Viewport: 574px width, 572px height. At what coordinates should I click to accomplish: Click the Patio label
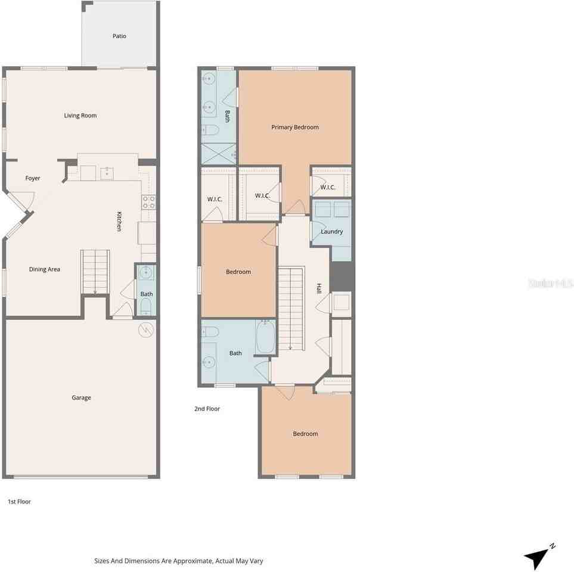pos(119,36)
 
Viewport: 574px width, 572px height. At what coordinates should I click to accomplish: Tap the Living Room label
pos(80,116)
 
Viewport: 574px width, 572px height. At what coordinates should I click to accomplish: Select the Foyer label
pos(33,178)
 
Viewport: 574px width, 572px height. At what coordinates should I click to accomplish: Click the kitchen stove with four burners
pos(148,201)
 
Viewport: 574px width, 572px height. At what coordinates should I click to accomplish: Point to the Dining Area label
pos(45,269)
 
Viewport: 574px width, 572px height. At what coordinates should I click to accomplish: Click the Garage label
pos(82,397)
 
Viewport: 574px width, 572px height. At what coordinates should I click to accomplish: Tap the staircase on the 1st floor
pos(95,272)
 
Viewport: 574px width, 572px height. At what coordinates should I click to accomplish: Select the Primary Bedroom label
pos(295,127)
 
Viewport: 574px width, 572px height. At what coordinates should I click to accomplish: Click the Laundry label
pos(332,231)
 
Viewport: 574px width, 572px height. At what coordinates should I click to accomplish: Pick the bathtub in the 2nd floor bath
pos(265,337)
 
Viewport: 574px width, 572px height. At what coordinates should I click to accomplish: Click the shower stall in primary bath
pos(218,153)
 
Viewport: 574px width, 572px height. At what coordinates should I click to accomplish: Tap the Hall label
pos(319,288)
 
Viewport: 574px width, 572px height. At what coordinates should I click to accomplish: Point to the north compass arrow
pos(539,556)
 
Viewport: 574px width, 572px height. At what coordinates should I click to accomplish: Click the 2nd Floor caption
pos(207,409)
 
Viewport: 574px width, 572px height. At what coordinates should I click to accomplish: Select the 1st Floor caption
pos(19,502)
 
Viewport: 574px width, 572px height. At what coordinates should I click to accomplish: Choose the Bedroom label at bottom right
pos(305,434)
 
